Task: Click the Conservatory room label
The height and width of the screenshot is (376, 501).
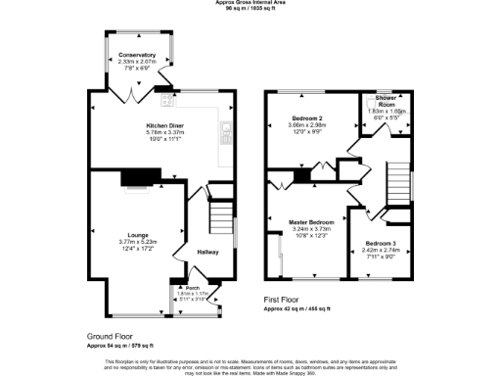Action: (x=137, y=55)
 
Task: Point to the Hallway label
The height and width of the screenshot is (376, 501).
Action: (x=208, y=252)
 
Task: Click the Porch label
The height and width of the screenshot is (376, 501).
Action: (x=192, y=287)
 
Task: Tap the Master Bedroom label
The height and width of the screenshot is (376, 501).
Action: (x=312, y=221)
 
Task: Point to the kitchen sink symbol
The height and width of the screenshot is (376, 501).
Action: (x=226, y=127)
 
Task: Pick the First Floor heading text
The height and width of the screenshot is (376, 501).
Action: (x=290, y=299)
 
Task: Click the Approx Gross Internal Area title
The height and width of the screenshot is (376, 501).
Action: (x=250, y=3)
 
